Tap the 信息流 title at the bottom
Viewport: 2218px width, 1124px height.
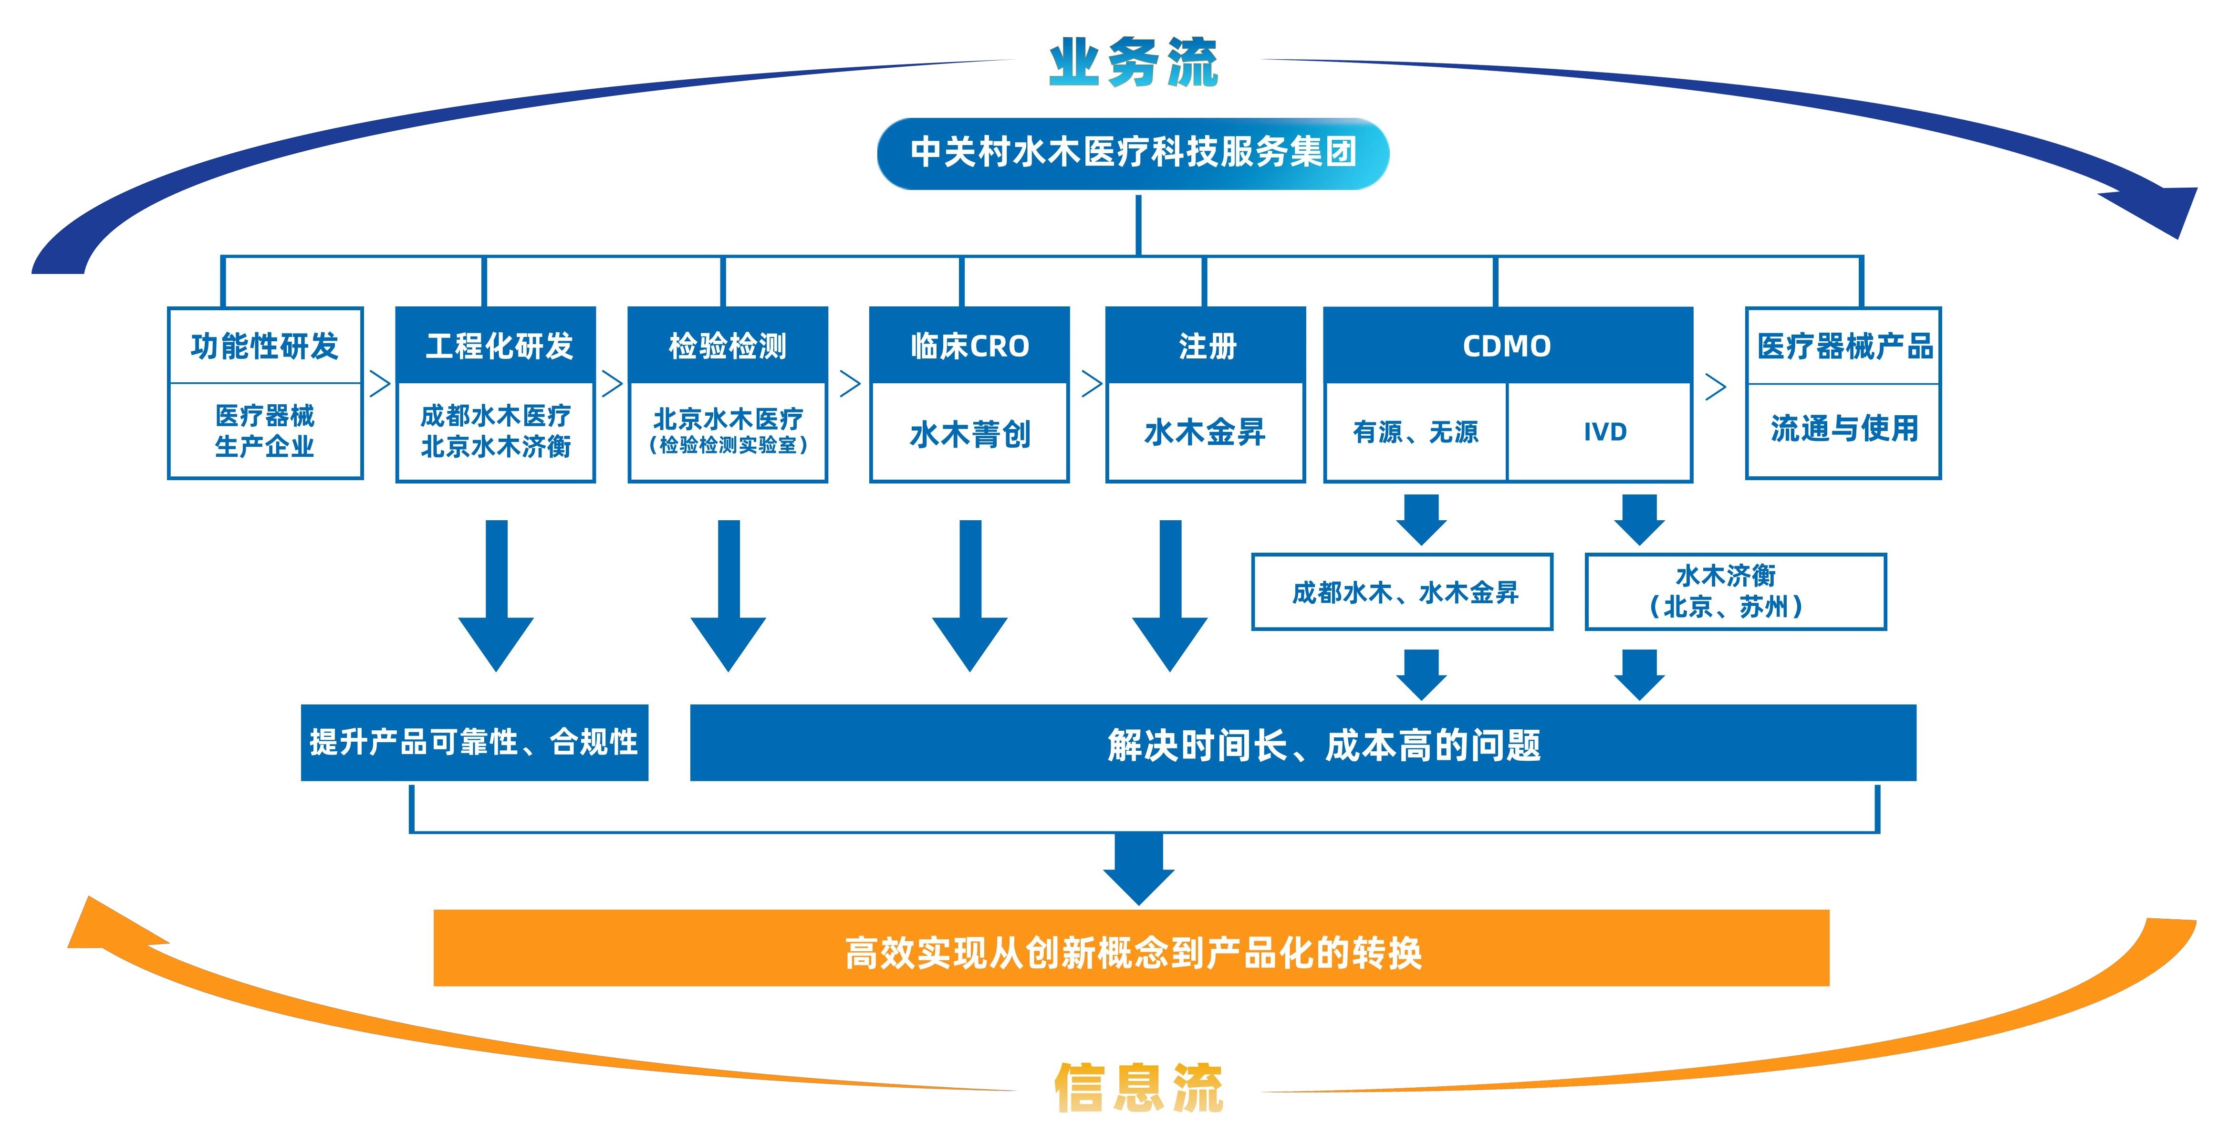click(x=1138, y=1087)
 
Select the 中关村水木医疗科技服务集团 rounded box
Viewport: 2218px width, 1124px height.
click(x=1133, y=153)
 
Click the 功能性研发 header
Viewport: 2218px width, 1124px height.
click(x=264, y=346)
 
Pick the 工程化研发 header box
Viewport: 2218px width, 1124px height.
click(x=496, y=346)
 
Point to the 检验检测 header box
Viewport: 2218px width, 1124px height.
click(x=729, y=346)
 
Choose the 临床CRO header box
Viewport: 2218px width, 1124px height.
click(x=969, y=346)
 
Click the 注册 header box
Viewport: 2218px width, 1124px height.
click(x=1206, y=346)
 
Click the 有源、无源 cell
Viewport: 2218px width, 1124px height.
click(x=1416, y=431)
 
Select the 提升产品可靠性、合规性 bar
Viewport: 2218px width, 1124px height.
click(x=474, y=743)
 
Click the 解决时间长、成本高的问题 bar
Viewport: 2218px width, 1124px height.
click(x=1303, y=743)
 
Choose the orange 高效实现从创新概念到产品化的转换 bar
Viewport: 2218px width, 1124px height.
click(x=1131, y=947)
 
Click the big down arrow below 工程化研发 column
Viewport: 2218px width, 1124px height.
click(x=496, y=596)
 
